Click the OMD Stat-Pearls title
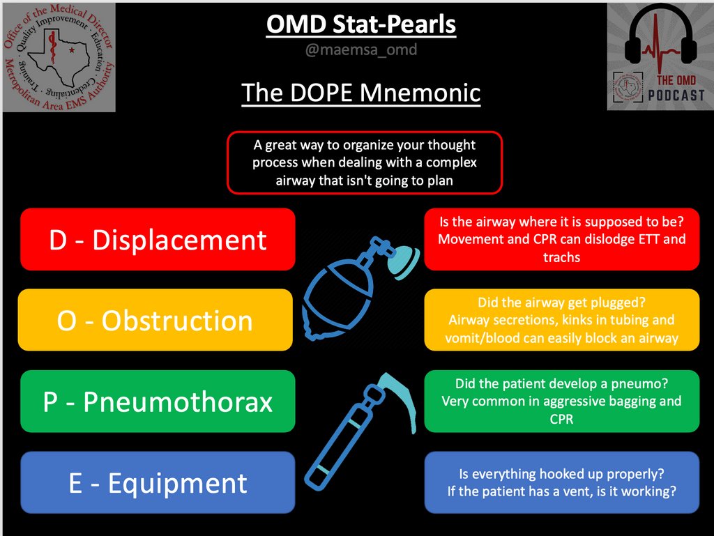[x=361, y=25]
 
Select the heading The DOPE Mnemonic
[x=361, y=93]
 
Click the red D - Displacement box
[x=158, y=240]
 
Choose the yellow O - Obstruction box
[x=155, y=321]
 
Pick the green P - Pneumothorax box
[x=158, y=402]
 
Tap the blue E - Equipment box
[x=158, y=483]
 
